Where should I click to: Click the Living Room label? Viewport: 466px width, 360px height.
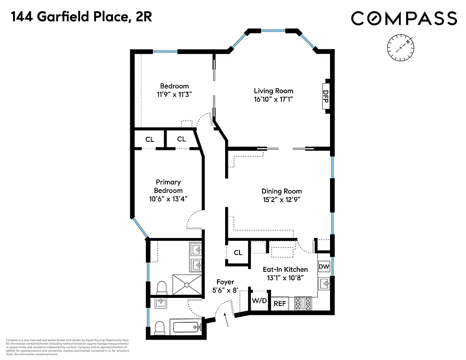[273, 91]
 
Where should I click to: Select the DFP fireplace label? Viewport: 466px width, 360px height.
[325, 96]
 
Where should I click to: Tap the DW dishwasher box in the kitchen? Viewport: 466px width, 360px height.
[324, 267]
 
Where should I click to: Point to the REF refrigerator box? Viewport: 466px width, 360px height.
[280, 304]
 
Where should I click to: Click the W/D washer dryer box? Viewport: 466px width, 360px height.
[258, 301]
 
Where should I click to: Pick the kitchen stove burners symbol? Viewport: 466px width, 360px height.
[304, 303]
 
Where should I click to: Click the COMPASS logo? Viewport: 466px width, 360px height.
[403, 18]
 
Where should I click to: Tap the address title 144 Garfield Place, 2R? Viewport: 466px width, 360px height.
[81, 17]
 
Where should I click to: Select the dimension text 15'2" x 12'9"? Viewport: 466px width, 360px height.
[281, 200]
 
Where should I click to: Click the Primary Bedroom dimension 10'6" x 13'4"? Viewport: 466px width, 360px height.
[168, 199]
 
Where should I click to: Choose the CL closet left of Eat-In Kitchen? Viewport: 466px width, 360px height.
[238, 253]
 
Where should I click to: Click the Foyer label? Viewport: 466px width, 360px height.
[225, 282]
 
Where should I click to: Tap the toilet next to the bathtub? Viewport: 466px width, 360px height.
[160, 327]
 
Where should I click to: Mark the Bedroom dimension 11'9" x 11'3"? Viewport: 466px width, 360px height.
[174, 94]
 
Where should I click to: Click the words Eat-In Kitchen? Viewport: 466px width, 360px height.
[285, 270]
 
